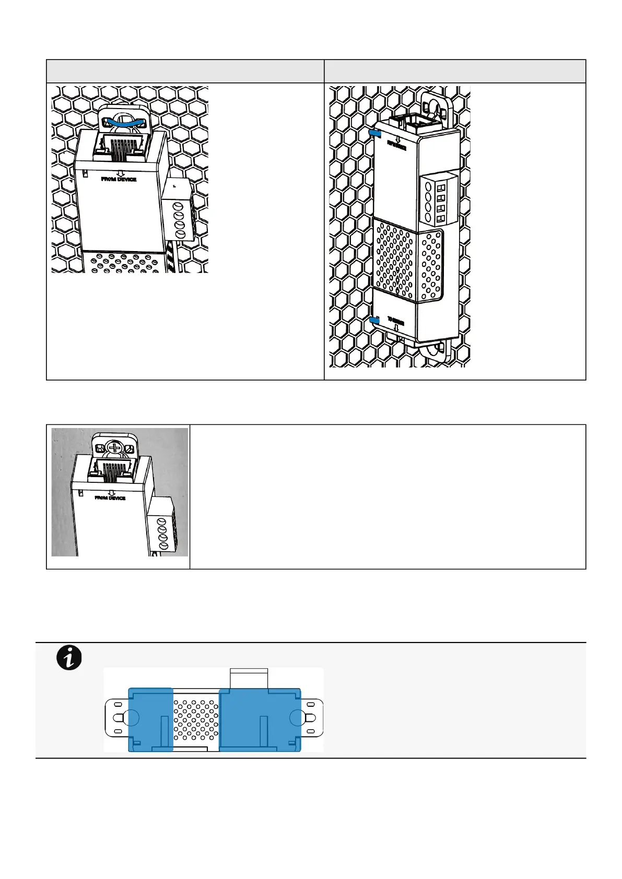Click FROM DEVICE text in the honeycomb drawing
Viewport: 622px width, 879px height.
tap(119, 179)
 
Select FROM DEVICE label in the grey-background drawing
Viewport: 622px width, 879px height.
tap(110, 498)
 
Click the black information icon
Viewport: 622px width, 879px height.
tap(69, 658)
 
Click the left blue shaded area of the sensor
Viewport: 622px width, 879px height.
tap(150, 719)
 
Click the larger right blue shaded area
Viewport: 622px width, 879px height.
tap(260, 719)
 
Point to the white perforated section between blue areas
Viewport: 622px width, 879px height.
tap(196, 719)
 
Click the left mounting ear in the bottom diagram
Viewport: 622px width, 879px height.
tap(116, 719)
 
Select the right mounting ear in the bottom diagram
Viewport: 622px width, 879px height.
tap(312, 719)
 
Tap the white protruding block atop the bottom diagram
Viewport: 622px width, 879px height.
tap(249, 678)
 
